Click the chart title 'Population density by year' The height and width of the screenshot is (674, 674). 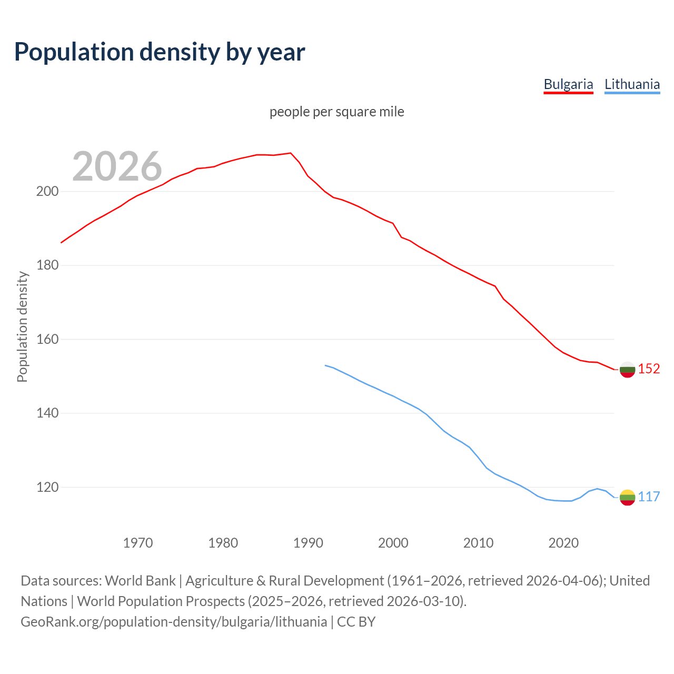click(160, 52)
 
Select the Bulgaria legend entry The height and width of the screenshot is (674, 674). click(568, 84)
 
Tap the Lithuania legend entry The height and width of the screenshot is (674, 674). click(632, 84)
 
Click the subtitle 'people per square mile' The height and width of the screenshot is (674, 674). click(337, 112)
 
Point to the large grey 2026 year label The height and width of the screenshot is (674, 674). click(117, 166)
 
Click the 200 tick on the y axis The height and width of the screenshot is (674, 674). click(47, 192)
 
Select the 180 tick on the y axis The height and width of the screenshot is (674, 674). click(47, 265)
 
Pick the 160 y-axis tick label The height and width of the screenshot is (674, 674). click(47, 340)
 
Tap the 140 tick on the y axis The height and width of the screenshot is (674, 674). click(47, 413)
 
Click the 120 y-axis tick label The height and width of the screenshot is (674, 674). click(47, 488)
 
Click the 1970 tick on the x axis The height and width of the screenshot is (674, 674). click(138, 543)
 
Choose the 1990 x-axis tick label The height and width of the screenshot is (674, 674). click(308, 543)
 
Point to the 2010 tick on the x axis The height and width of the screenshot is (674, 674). click(478, 543)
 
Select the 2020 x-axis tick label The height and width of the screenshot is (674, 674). click(563, 543)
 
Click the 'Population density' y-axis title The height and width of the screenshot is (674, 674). click(22, 326)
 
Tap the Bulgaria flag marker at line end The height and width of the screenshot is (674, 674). click(627, 370)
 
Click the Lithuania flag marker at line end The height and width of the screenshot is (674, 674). click(627, 497)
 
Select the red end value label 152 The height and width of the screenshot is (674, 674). click(649, 369)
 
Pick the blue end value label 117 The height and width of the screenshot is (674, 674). click(649, 497)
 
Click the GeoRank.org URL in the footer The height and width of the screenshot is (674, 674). click(174, 622)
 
